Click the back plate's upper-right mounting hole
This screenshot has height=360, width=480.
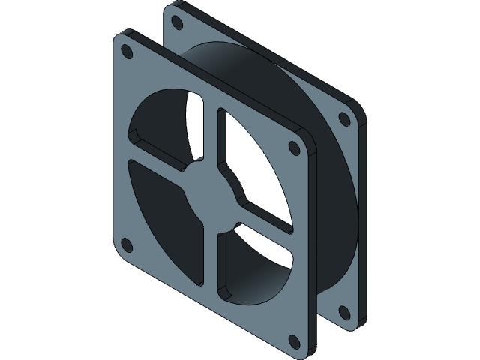point(344,118)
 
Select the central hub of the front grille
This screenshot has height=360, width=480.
point(211,196)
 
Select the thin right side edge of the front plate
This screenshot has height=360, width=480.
point(313,247)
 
